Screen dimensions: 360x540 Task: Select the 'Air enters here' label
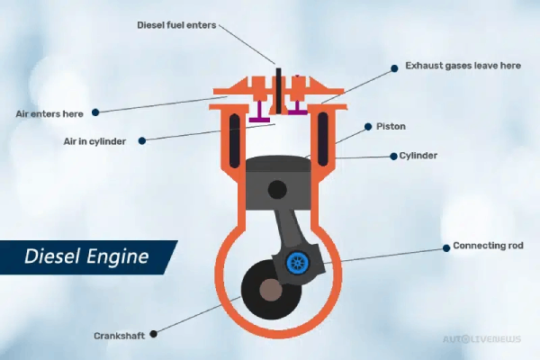pyautogui.click(x=50, y=113)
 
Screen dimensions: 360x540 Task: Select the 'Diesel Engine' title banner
pyautogui.click(x=85, y=256)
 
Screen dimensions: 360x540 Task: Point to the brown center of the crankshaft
pyautogui.click(x=267, y=292)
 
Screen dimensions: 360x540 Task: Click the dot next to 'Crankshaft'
pyautogui.click(x=154, y=334)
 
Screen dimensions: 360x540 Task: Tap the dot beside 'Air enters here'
pyautogui.click(x=95, y=112)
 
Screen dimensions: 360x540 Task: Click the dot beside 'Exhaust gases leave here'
pyautogui.click(x=394, y=66)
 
